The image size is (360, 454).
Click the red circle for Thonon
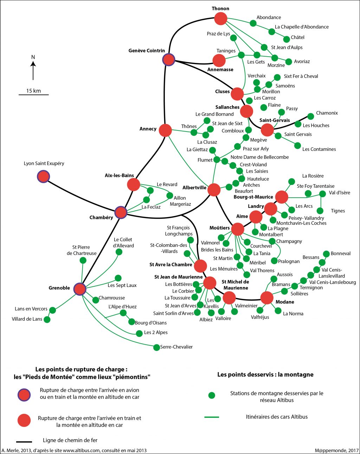point(221,18)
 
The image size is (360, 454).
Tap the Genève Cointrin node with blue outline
point(169,59)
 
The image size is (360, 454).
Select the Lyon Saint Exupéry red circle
point(43,176)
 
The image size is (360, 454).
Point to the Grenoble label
point(59,288)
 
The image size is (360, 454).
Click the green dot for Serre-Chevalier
point(156,347)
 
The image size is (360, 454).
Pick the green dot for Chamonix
point(310,116)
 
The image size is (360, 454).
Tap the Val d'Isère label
point(340,193)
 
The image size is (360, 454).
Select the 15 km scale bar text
point(33,91)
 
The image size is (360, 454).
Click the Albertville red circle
point(214,190)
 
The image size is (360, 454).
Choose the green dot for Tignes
point(320,211)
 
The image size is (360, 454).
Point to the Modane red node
point(267,298)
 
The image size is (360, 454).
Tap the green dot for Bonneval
point(326,254)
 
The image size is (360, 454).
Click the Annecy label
point(148,129)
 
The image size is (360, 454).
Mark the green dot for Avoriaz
point(289,62)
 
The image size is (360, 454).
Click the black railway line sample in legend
point(24,441)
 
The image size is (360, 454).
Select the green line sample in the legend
point(212,417)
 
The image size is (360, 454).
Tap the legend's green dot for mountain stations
point(212,395)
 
